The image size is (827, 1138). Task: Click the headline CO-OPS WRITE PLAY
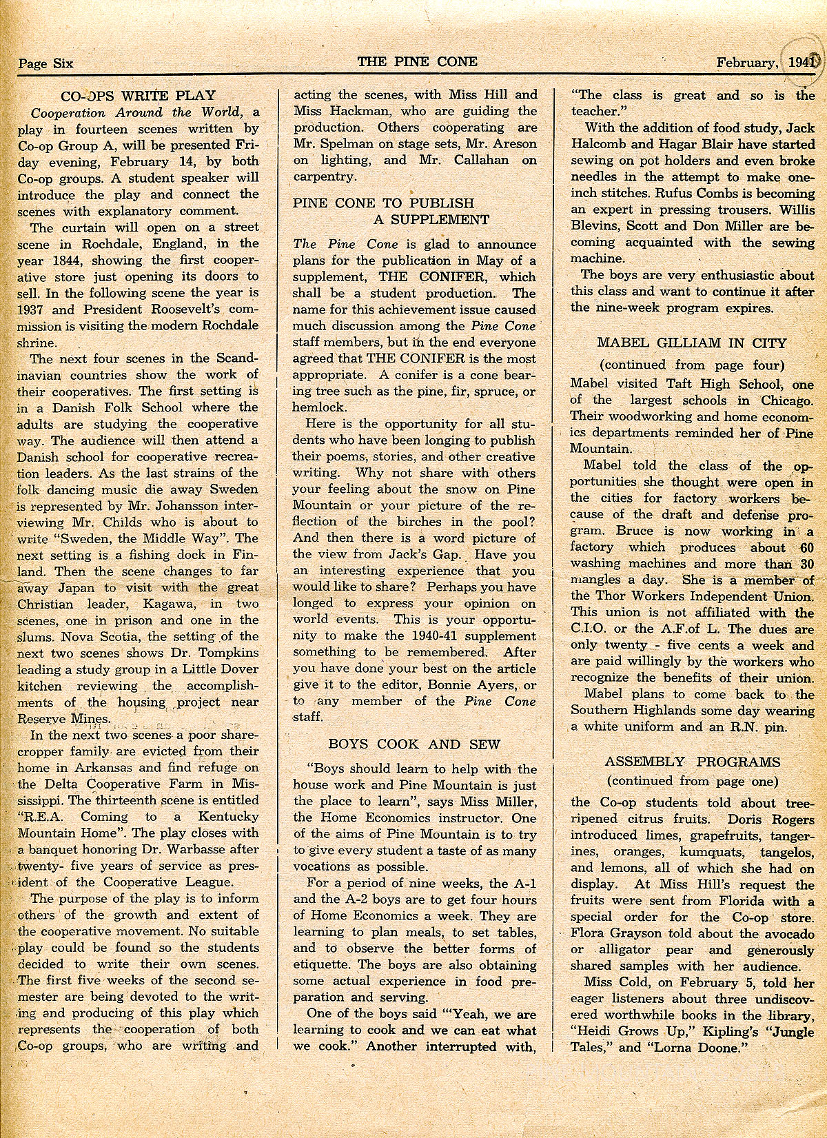(x=138, y=96)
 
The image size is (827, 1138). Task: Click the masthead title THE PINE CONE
(x=417, y=61)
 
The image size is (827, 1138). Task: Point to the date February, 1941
(x=766, y=62)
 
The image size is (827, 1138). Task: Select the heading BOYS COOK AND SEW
(x=414, y=744)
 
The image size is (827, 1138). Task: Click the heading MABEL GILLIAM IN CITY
(x=691, y=343)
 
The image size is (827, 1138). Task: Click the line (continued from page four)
(x=691, y=365)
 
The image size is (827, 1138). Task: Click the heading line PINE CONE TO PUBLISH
(x=383, y=203)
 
